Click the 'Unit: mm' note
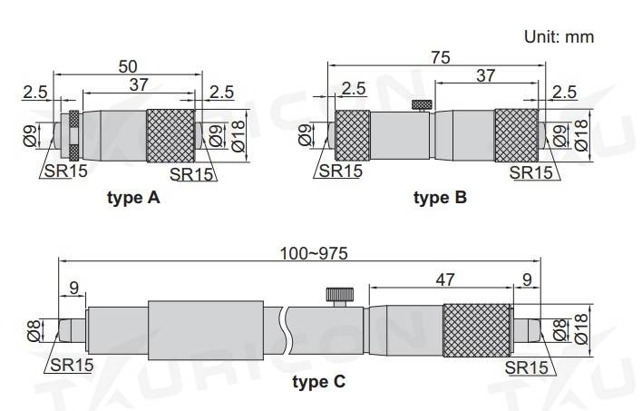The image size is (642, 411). tap(559, 37)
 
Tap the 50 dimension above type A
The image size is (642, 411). tap(128, 67)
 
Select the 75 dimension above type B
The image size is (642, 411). tap(441, 57)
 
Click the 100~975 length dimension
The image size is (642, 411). tap(314, 254)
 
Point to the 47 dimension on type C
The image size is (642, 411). tap(444, 279)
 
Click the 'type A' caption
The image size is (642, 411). tap(133, 198)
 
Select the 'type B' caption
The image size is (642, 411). tap(440, 198)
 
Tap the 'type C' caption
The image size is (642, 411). tap(319, 382)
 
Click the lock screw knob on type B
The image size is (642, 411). tap(422, 105)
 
